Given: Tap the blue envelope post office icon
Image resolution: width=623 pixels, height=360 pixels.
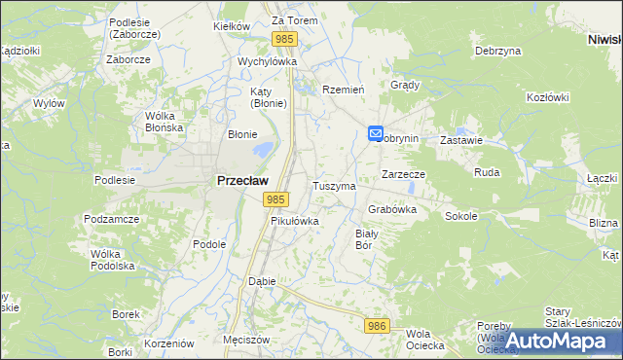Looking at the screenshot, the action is coord(377,134).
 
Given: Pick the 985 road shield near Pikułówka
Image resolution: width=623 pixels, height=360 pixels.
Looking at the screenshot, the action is coord(275,198).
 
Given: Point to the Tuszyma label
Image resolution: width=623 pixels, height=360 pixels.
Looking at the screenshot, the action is coord(334,185).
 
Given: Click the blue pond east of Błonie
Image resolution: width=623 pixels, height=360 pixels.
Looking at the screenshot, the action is coord(262,151).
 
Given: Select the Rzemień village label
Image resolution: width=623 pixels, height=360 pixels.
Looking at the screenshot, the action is coord(343,89).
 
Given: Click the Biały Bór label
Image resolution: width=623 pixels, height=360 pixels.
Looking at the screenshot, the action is coord(366,239).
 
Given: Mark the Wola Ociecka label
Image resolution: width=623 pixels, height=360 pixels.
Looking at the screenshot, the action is coord(425,340).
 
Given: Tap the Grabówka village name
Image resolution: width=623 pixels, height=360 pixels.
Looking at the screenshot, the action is coord(393,209).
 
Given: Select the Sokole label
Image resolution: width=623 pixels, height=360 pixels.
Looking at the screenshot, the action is coord(461,216).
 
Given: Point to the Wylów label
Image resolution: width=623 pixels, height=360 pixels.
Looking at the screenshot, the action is coord(49,102).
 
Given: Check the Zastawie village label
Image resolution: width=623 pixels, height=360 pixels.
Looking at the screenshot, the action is coord(461,140).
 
